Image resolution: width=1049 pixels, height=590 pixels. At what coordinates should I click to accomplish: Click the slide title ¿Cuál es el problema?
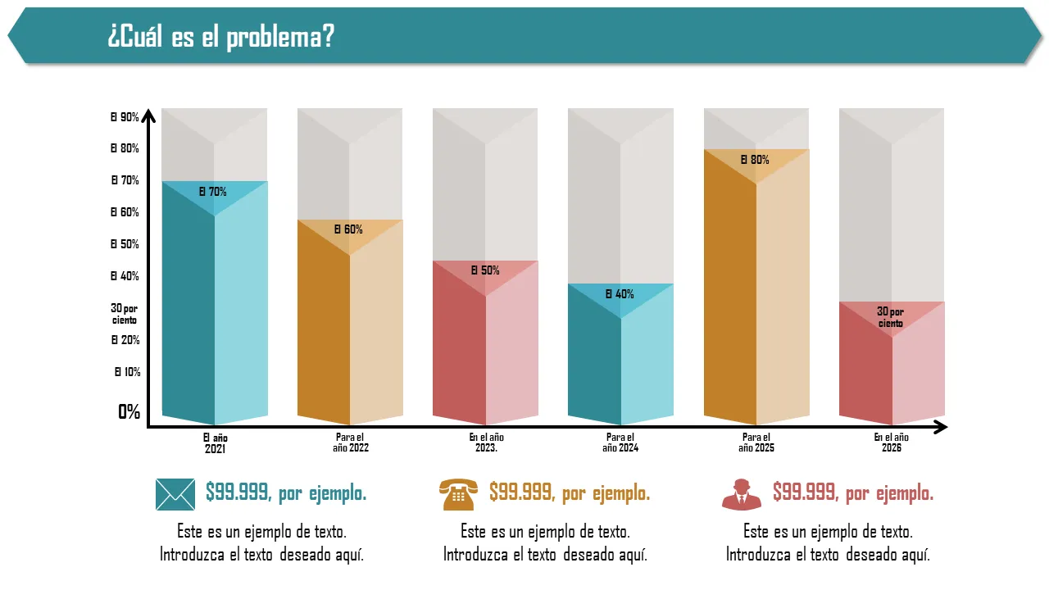coord(220,37)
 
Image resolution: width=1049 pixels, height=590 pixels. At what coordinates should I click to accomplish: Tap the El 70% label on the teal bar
coord(213,193)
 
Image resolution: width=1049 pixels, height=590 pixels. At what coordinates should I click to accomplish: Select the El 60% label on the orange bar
coord(348,229)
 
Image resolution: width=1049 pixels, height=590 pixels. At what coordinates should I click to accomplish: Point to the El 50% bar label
coord(484,270)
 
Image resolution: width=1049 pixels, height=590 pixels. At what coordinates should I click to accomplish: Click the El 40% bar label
coord(620,294)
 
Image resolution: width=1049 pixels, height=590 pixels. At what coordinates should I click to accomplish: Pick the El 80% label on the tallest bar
coord(755,161)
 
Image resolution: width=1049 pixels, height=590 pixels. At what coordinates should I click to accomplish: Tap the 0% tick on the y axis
coord(129,412)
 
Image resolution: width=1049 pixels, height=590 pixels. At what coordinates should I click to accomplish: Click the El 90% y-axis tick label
coord(125,117)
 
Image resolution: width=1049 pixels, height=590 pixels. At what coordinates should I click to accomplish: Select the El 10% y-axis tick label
coord(127,372)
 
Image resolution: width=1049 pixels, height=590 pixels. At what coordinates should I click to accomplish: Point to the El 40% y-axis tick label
coord(125,276)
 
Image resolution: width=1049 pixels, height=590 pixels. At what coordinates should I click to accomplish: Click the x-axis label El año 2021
coord(215,443)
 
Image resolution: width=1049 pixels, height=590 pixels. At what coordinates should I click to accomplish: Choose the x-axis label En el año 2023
coord(486,443)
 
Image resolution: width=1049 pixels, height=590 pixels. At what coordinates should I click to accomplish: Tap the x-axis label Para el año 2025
coord(756,443)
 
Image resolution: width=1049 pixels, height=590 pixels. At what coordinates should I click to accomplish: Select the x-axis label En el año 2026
coord(892,443)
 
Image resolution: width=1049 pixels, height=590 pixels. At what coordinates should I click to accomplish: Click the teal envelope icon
coord(175,494)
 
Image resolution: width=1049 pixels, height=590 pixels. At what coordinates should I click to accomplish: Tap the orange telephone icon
coord(459,495)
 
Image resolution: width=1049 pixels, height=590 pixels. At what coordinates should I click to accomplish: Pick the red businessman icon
coord(742,494)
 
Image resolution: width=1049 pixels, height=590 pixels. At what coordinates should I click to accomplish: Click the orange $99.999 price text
coord(570,493)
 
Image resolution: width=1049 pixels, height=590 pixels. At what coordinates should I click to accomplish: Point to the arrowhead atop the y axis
coord(148,116)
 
